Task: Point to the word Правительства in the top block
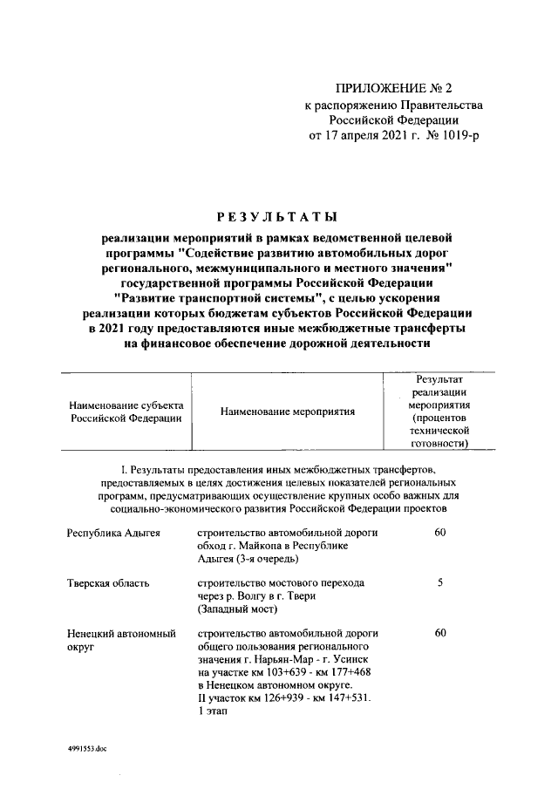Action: click(436, 105)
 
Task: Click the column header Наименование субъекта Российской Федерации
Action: click(122, 411)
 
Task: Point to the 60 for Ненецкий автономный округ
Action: click(440, 632)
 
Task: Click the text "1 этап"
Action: click(214, 712)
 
